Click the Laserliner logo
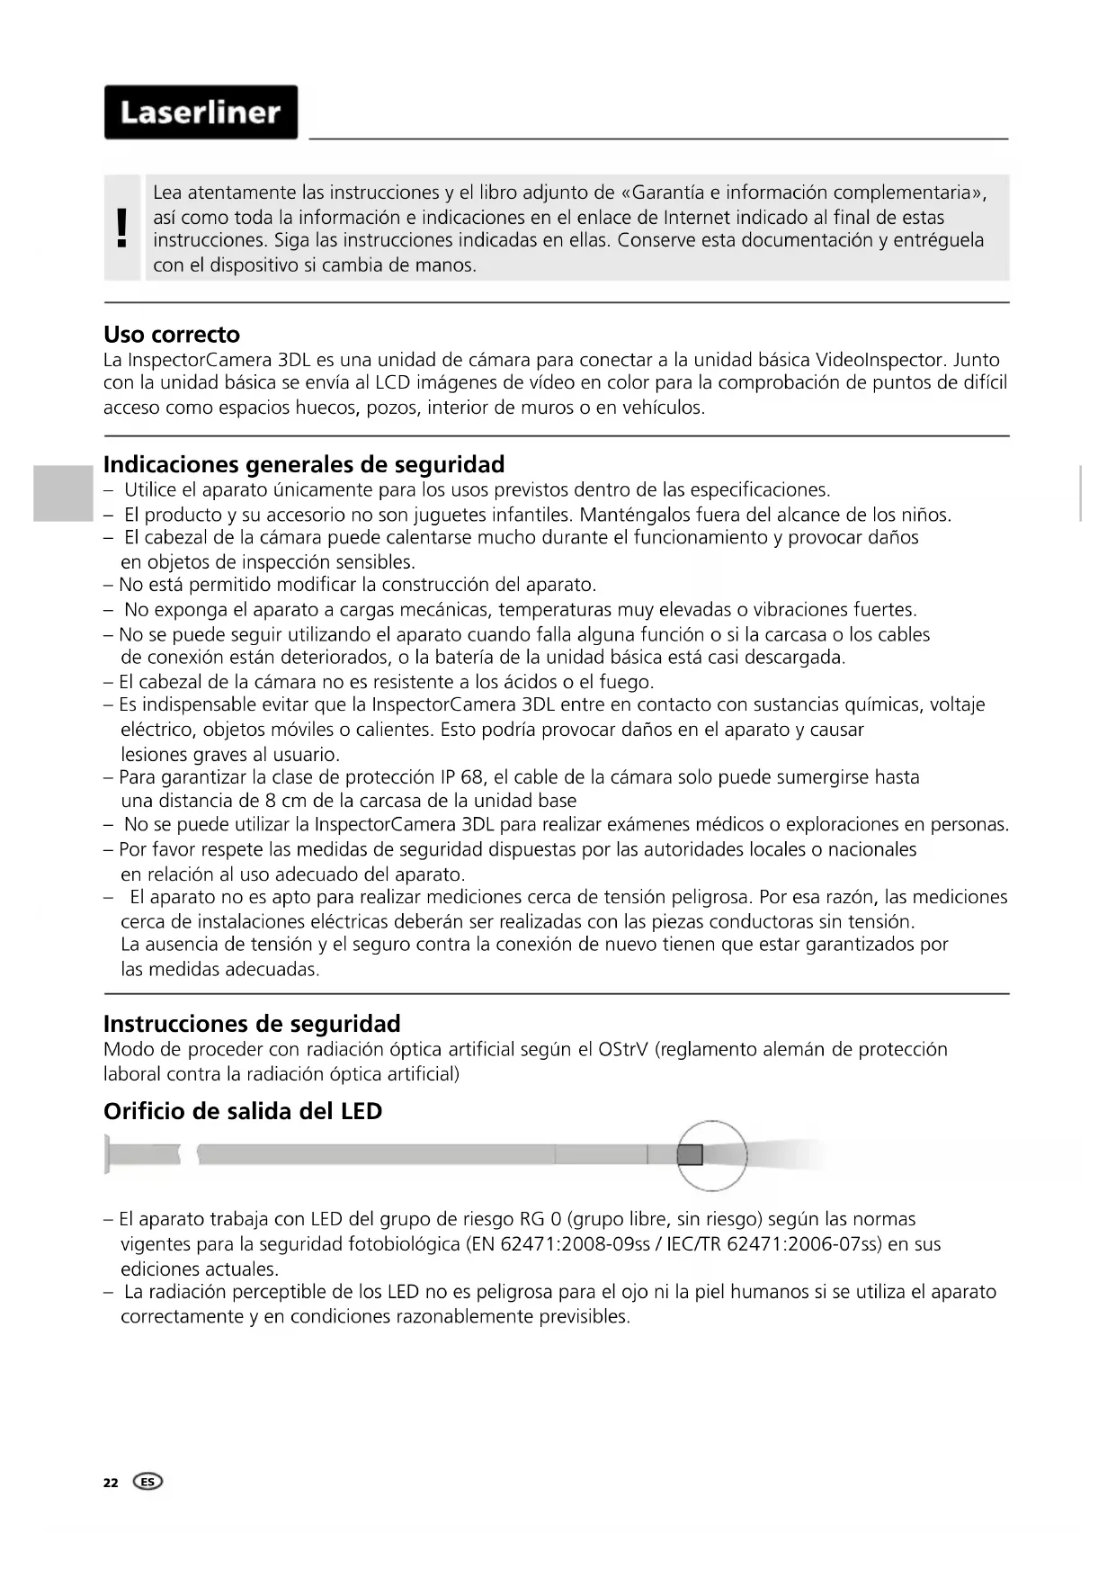(201, 112)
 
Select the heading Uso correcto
(172, 335)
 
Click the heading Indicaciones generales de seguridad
(304, 465)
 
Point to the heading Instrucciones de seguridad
(252, 1024)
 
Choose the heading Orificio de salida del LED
(243, 1111)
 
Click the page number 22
(111, 1483)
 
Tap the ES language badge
(147, 1482)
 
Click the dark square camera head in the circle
(690, 1154)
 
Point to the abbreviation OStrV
(622, 1049)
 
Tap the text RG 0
(540, 1220)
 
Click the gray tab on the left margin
(63, 493)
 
